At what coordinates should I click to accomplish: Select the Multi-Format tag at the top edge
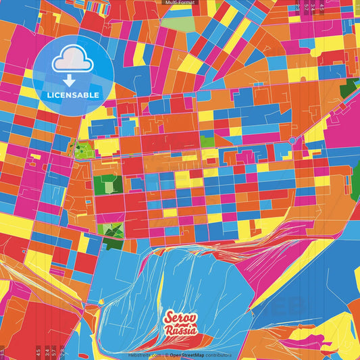[180, 3]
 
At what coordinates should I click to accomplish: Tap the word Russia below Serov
[181, 331]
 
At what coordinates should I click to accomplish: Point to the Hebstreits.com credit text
[145, 354]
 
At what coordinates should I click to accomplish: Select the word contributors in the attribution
[219, 354]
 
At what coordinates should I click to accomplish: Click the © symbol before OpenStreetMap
[166, 354]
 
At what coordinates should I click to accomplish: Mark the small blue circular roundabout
[292, 140]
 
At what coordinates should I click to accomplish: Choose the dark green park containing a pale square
[104, 184]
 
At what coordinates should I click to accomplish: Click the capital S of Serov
[168, 318]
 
